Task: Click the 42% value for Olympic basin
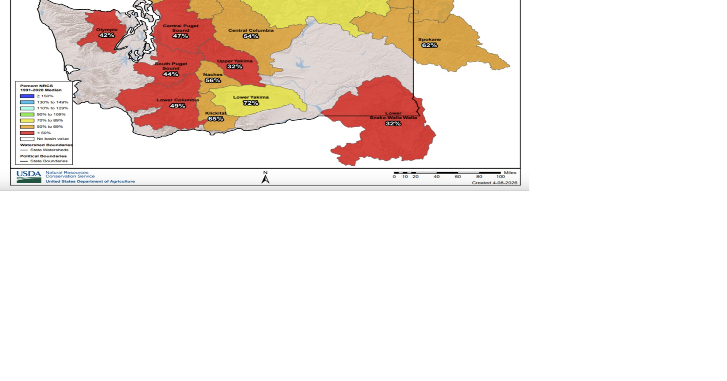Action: [106, 35]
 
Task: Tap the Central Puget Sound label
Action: [180, 28]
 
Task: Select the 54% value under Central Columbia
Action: [251, 36]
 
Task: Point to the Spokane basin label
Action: [429, 40]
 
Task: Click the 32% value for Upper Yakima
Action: [235, 67]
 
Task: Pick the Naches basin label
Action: [213, 74]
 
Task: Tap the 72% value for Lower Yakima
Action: [251, 103]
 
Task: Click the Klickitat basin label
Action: [216, 113]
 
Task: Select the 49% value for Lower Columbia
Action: [177, 106]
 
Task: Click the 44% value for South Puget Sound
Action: [170, 74]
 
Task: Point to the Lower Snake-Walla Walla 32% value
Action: [393, 124]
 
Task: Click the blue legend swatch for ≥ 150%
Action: [27, 96]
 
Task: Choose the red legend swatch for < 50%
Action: [27, 133]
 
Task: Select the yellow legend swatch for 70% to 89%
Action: [27, 120]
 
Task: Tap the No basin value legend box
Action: [27, 139]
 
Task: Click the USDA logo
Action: [29, 177]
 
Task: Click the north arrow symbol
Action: [265, 179]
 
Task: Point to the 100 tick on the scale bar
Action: [500, 177]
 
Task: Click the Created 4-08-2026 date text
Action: [494, 183]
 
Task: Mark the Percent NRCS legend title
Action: [41, 88]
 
